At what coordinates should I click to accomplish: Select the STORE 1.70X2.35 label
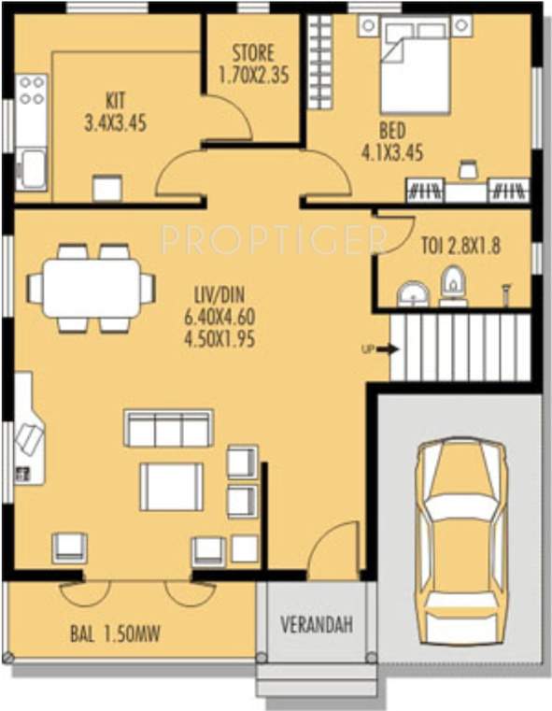[x=253, y=63]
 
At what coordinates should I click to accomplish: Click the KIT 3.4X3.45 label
[x=115, y=109]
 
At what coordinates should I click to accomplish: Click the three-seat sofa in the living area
[x=168, y=429]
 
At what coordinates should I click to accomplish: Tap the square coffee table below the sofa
[x=171, y=486]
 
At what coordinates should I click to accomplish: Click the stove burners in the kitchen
[x=32, y=90]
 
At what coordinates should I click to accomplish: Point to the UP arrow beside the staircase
[x=381, y=349]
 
